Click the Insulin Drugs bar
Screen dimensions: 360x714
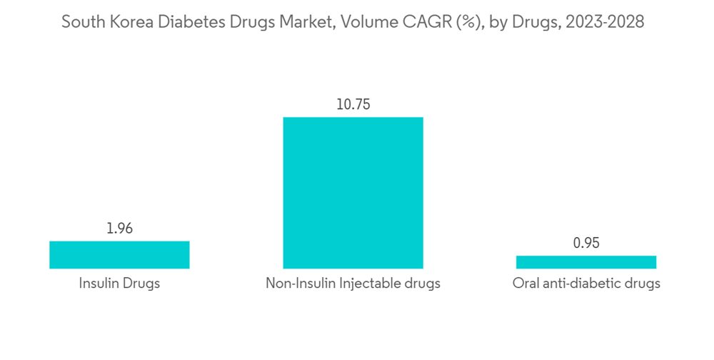click(119, 254)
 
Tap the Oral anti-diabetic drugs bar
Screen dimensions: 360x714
click(586, 262)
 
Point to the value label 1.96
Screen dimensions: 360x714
click(119, 229)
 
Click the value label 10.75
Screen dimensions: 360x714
click(353, 104)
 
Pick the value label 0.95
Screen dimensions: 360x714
click(586, 243)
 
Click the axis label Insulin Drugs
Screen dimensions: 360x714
click(119, 284)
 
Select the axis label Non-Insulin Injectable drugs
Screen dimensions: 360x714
click(353, 284)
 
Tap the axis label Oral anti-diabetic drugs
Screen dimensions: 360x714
click(586, 284)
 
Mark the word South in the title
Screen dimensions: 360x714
click(81, 22)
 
